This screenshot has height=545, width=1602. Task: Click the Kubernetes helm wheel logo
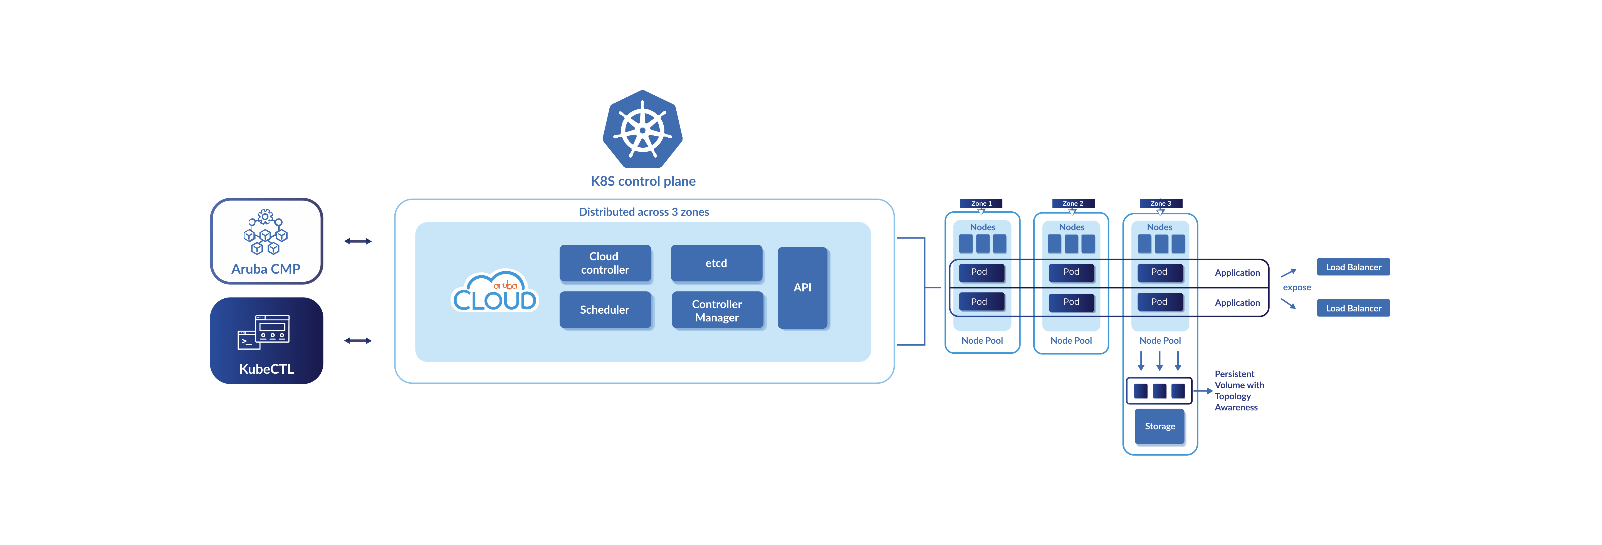click(642, 129)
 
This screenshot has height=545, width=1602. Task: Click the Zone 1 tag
click(981, 203)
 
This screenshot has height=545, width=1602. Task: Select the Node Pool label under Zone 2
click(1071, 341)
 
